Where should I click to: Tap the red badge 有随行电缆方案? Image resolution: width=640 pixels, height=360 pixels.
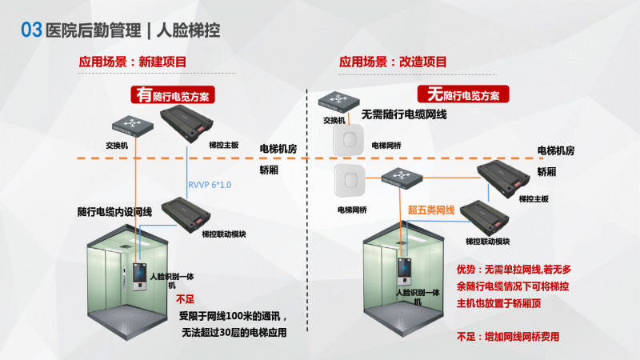[171, 95]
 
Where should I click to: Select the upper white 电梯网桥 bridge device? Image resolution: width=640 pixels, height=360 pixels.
[349, 143]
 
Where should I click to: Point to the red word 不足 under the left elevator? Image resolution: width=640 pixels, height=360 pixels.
[185, 298]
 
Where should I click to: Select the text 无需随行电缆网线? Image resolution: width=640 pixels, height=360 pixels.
[404, 115]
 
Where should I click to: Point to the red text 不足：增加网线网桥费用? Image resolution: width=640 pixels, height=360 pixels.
[507, 337]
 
